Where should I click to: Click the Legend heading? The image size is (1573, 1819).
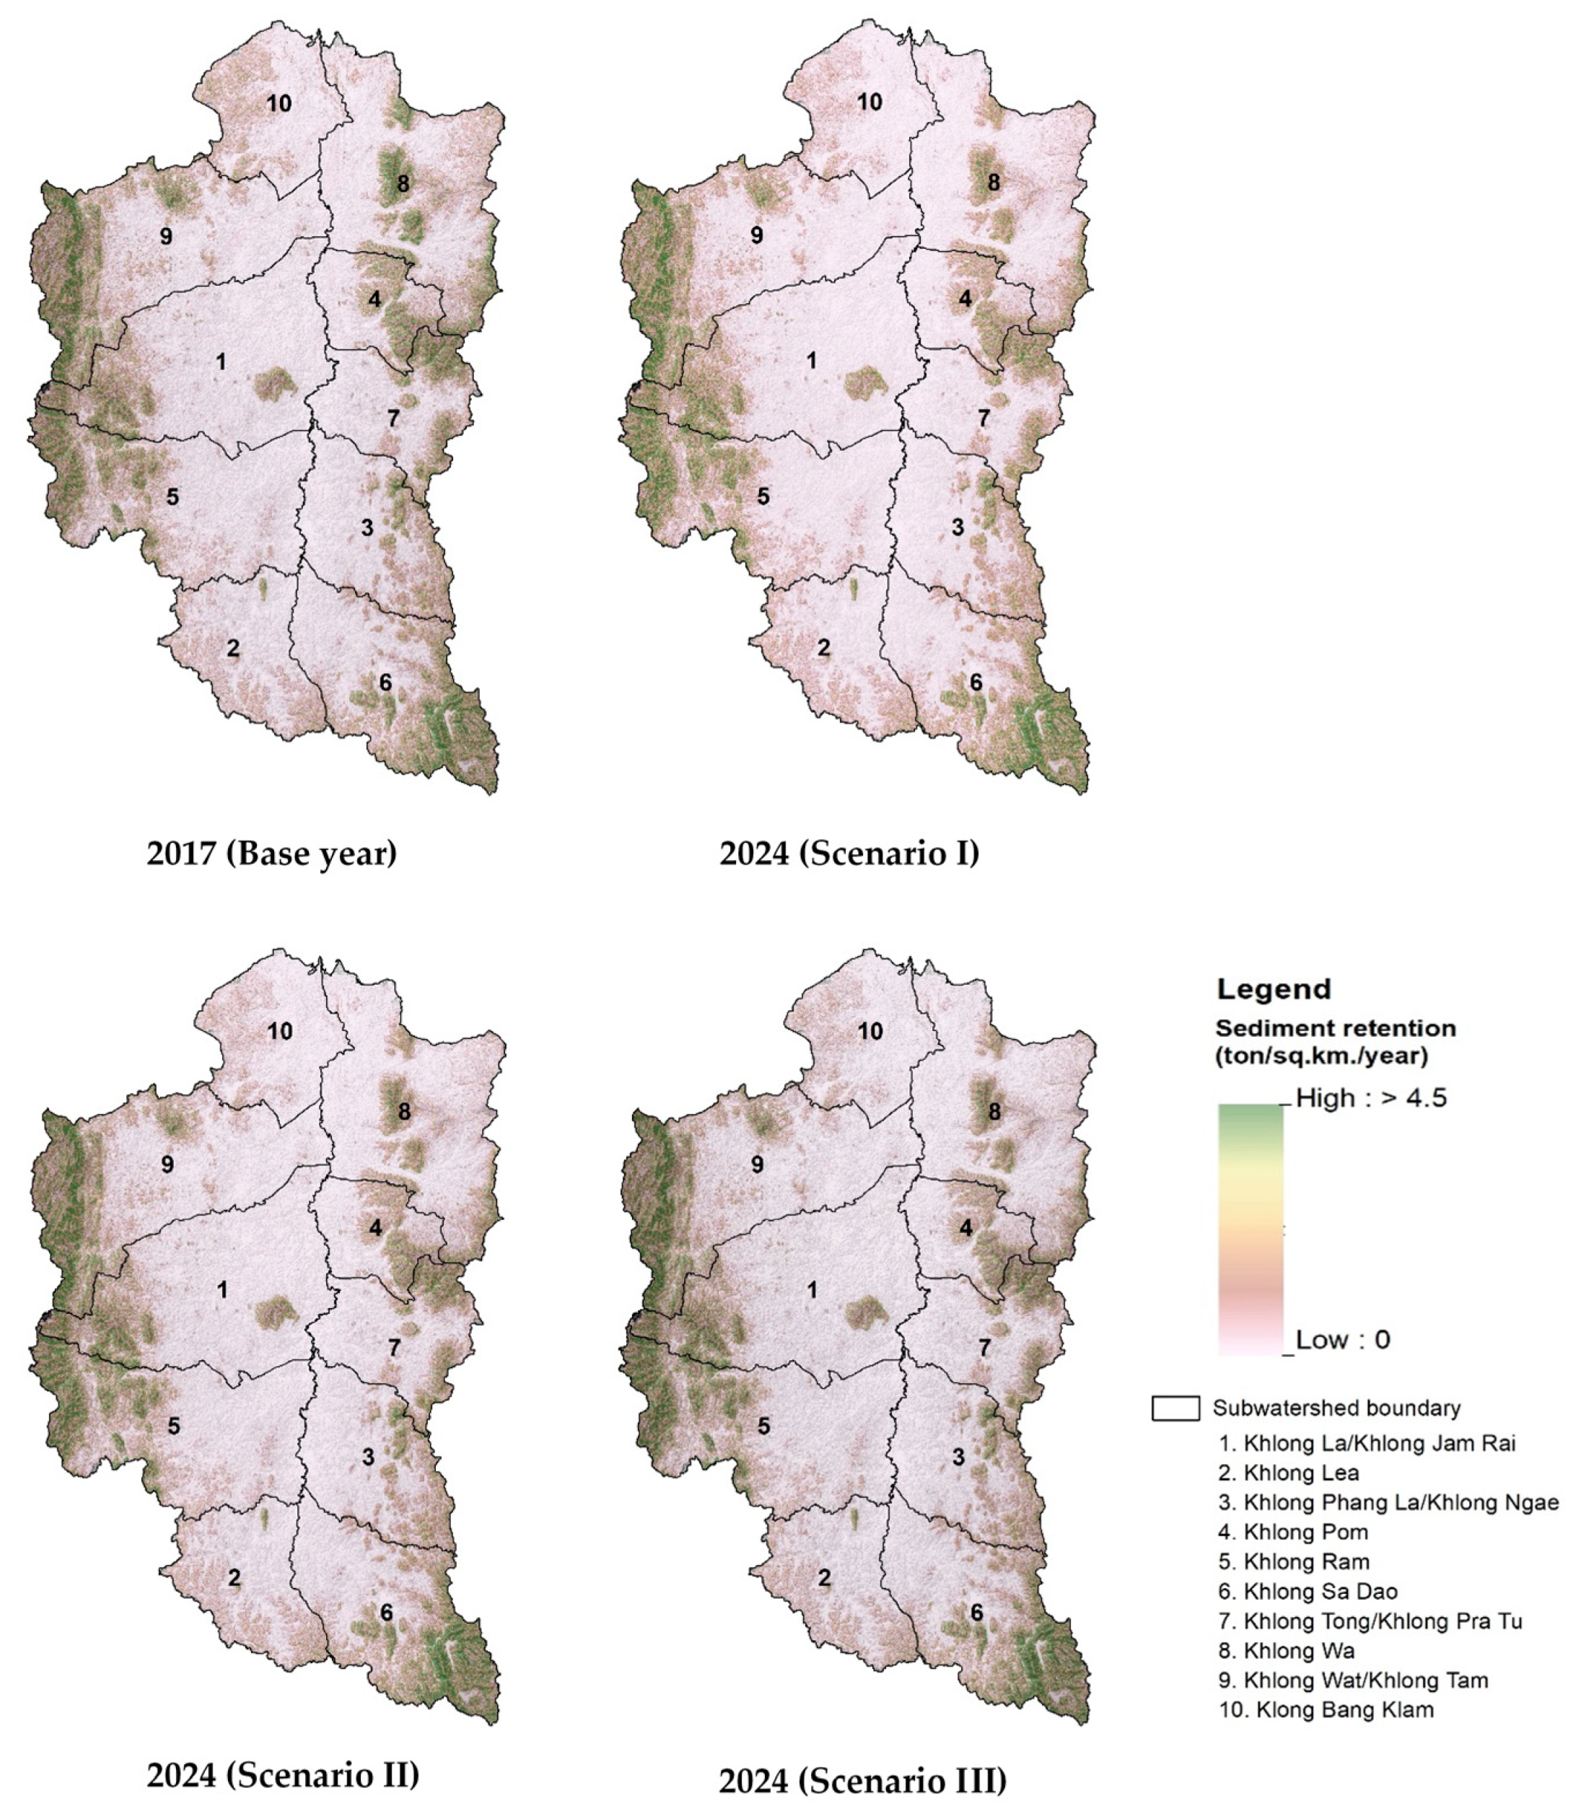[x=1273, y=989]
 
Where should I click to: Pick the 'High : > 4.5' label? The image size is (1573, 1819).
[x=1370, y=1098]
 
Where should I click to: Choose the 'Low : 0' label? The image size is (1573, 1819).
[x=1342, y=1340]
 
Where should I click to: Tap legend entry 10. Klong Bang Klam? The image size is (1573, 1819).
[x=1326, y=1709]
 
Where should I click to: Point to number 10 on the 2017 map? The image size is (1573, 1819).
[x=279, y=104]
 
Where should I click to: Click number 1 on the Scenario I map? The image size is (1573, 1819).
[x=811, y=361]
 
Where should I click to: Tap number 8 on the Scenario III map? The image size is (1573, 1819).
[x=994, y=1111]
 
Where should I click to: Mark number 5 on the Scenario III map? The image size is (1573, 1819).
[x=763, y=1426]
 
